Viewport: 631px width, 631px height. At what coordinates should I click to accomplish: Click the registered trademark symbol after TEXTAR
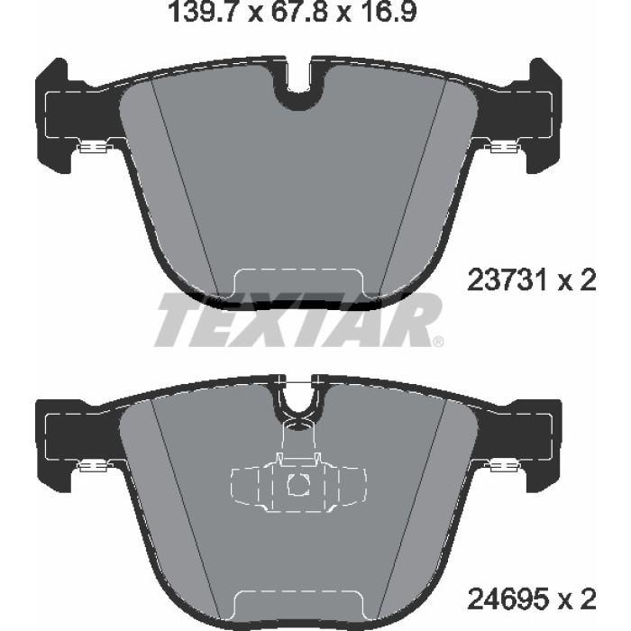click(x=438, y=342)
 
